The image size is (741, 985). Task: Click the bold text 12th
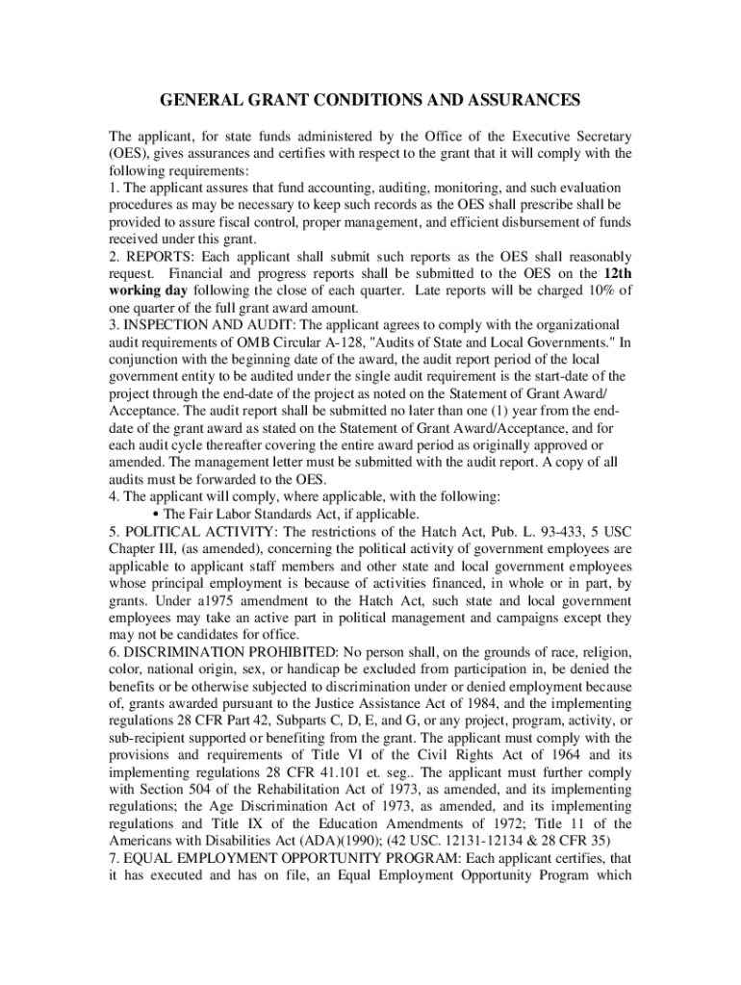point(614,273)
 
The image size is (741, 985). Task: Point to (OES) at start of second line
point(127,153)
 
